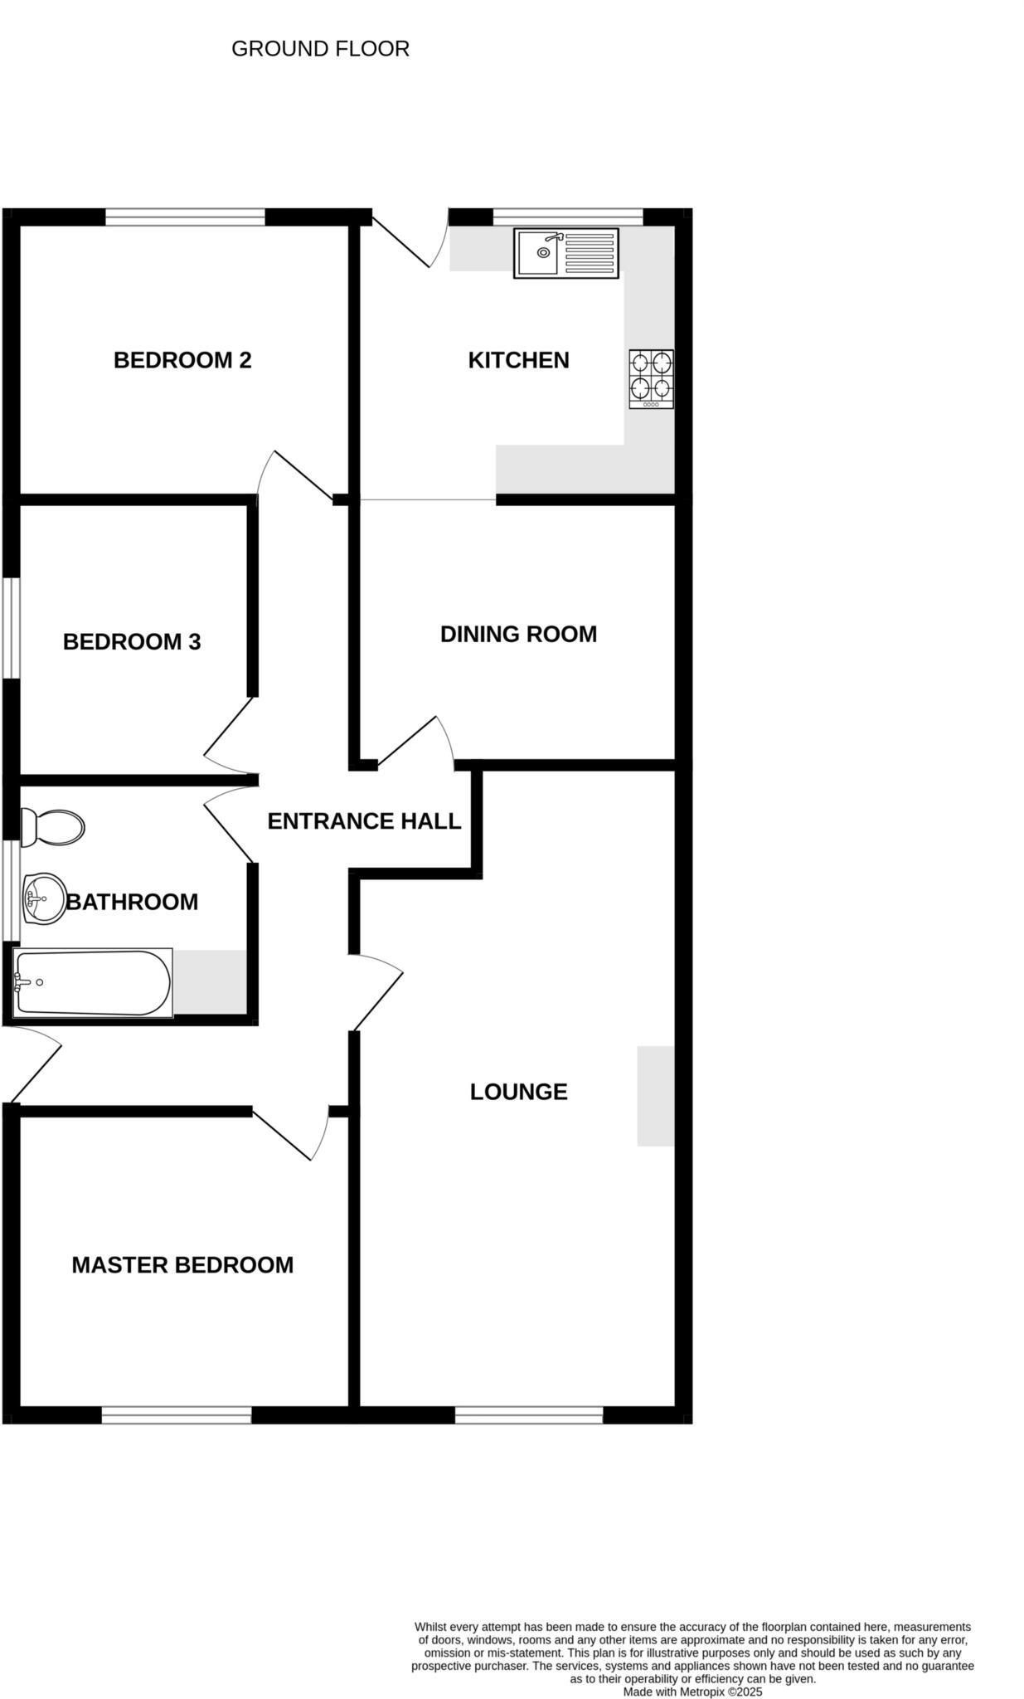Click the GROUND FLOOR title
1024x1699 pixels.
click(320, 49)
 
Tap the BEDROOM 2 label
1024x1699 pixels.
click(182, 360)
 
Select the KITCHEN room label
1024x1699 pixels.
click(518, 360)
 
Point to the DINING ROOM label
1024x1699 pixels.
click(518, 634)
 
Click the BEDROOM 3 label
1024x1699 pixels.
click(132, 641)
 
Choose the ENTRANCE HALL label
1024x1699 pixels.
click(364, 821)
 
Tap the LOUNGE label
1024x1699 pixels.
click(518, 1092)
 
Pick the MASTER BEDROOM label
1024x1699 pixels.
click(182, 1265)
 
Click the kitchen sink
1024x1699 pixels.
click(566, 253)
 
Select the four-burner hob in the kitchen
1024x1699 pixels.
click(651, 379)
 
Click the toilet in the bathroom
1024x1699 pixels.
click(52, 827)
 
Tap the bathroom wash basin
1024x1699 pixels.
click(44, 898)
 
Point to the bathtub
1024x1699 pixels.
click(93, 983)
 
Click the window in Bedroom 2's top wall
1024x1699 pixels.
click(185, 217)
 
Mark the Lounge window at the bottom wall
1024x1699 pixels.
click(529, 1415)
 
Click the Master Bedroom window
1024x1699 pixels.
click(177, 1415)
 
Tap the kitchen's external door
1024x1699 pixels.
click(400, 241)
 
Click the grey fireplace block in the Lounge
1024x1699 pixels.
click(656, 1096)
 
